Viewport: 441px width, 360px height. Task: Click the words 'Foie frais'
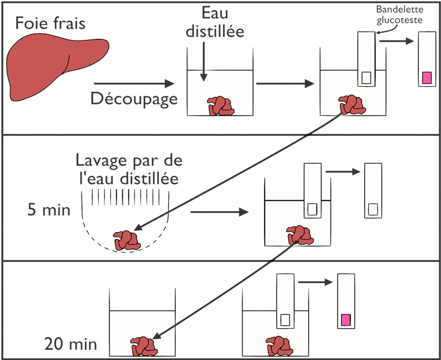click(50, 23)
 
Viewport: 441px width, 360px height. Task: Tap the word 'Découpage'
click(134, 99)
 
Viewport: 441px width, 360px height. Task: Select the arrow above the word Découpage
click(134, 83)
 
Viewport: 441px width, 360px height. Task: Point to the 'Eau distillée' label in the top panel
click(215, 23)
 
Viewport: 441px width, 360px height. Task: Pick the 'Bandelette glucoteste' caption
click(399, 15)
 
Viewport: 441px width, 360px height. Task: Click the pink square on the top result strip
click(427, 77)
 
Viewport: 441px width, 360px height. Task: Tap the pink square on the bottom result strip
click(346, 320)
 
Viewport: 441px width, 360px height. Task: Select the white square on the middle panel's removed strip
click(373, 210)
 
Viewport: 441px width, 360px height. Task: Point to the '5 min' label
click(49, 210)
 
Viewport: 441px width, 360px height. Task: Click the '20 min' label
click(71, 344)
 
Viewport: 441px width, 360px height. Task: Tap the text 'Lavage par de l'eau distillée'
click(129, 169)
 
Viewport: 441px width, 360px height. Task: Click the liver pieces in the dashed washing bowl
click(127, 241)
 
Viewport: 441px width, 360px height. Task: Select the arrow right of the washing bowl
click(219, 212)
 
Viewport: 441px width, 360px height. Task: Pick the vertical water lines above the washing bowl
click(126, 197)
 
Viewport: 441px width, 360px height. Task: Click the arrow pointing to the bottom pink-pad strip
click(315, 282)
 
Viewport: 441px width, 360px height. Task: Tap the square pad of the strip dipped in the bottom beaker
click(285, 320)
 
